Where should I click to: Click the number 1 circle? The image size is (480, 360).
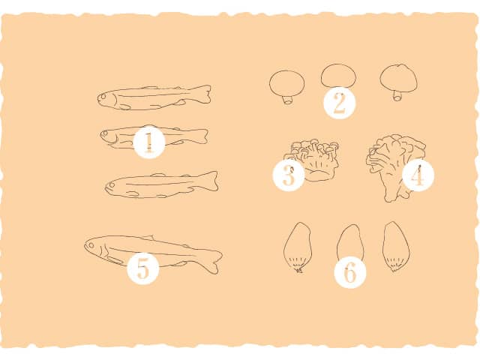(x=150, y=142)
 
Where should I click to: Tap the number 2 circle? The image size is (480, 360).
(x=340, y=103)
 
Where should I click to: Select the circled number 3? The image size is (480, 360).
(x=289, y=175)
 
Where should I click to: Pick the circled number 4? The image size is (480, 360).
(x=418, y=175)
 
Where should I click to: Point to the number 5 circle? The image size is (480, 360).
(x=143, y=269)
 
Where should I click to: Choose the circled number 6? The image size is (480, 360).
(x=350, y=272)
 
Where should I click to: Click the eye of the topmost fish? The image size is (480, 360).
(x=103, y=97)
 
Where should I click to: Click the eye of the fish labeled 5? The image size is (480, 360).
(x=91, y=245)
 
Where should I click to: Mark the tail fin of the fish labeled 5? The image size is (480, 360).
(x=214, y=262)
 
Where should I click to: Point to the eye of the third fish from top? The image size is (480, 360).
(x=112, y=185)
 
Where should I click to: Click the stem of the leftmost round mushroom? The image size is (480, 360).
(x=288, y=100)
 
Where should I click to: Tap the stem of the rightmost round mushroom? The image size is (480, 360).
(x=397, y=96)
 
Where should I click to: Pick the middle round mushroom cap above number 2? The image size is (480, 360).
(x=338, y=75)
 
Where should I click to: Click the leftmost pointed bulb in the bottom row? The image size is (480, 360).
(x=298, y=247)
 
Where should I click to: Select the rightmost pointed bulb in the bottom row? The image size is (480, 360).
(x=397, y=247)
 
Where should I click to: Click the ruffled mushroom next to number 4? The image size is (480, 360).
(x=395, y=166)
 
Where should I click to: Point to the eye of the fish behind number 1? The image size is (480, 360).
(x=105, y=133)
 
